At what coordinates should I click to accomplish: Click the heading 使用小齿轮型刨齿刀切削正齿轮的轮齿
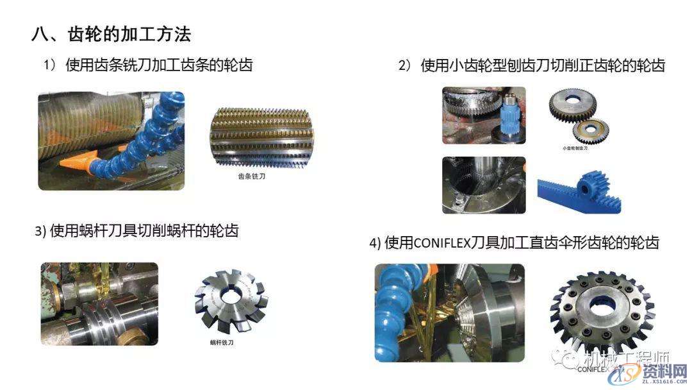[x=542, y=65]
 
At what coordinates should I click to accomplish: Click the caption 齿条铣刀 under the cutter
[x=251, y=175]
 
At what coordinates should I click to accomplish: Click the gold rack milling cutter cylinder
[x=251, y=135]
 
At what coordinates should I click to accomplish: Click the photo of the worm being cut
[x=99, y=303]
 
